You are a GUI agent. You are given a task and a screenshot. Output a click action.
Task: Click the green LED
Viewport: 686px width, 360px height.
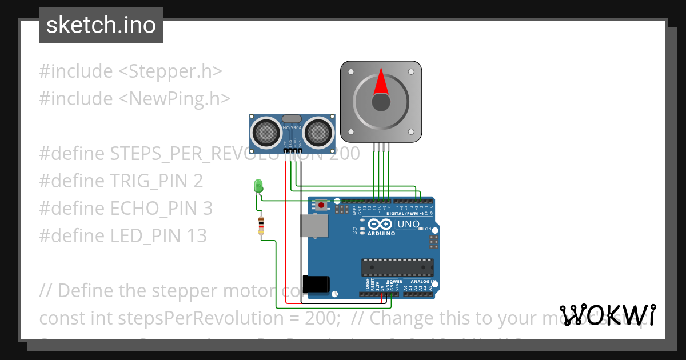(258, 186)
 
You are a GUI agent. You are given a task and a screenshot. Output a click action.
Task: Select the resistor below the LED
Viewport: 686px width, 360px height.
(261, 226)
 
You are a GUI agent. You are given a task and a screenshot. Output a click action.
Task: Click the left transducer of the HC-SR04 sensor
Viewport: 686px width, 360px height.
(264, 132)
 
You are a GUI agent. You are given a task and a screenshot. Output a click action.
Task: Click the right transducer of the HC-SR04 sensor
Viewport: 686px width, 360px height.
(317, 132)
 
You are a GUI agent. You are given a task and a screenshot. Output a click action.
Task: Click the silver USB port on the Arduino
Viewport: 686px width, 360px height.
(315, 226)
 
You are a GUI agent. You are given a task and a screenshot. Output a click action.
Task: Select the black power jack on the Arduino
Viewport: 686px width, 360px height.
(316, 284)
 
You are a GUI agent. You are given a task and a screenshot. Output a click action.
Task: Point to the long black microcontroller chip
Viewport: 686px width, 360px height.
(397, 267)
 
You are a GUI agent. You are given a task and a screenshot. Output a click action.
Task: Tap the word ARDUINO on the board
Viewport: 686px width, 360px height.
(381, 233)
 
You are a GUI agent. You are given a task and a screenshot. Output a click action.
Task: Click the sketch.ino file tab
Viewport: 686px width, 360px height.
(101, 25)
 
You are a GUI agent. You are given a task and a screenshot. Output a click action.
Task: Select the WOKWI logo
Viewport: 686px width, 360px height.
(608, 315)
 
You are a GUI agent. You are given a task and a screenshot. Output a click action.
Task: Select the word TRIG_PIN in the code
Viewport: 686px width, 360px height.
(149, 181)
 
